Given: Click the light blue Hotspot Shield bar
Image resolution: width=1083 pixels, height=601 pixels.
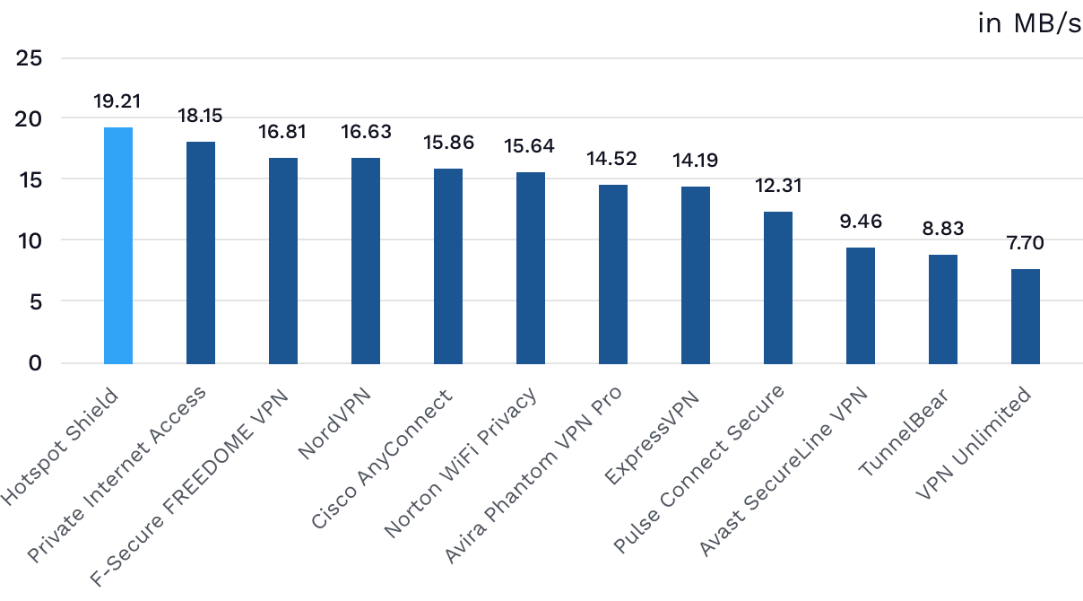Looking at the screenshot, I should pos(118,246).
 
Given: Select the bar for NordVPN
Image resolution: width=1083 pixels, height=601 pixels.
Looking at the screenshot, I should pos(366,261).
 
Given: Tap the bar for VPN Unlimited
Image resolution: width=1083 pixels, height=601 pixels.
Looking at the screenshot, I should pos(1026,316).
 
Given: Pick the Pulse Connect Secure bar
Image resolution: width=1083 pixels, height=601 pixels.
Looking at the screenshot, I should pos(778,287).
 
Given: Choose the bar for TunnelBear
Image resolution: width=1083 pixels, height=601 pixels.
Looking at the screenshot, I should pos(943,309).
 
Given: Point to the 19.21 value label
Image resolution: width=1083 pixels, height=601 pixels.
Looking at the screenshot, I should pos(118,101).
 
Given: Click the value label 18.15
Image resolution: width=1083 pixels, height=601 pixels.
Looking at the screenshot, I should pos(201,116).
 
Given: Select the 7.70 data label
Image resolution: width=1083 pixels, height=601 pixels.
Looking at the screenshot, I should pos(1026,243).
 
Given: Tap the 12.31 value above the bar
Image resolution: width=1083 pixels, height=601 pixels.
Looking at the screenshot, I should pos(778,186).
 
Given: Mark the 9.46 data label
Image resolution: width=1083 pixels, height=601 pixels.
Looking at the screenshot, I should pos(861,221).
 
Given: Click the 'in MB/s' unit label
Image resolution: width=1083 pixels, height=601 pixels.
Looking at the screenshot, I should pos(1029,23).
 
